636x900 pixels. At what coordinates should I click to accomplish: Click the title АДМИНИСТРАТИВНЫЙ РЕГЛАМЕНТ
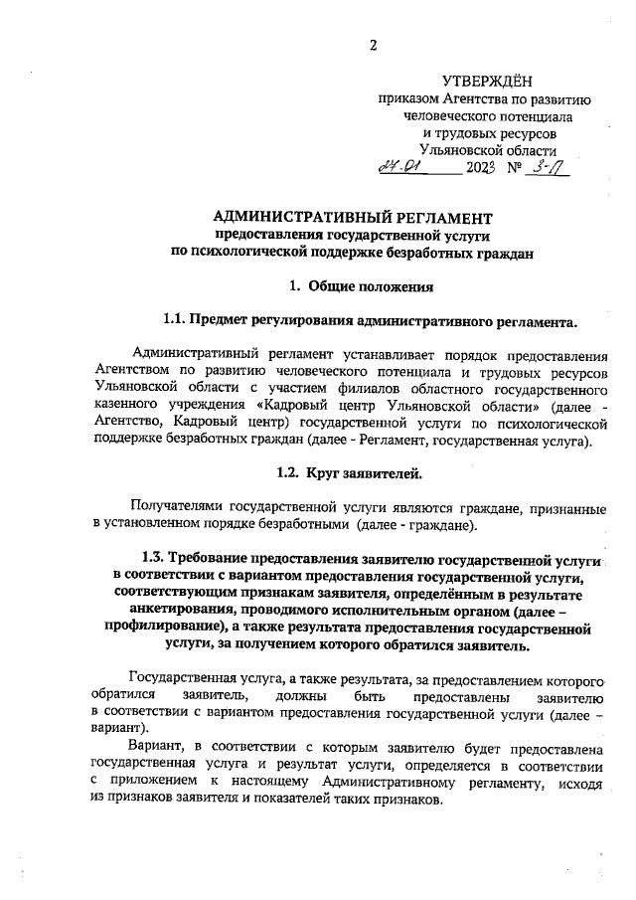[353, 216]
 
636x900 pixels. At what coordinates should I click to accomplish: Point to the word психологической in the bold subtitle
[246, 253]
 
